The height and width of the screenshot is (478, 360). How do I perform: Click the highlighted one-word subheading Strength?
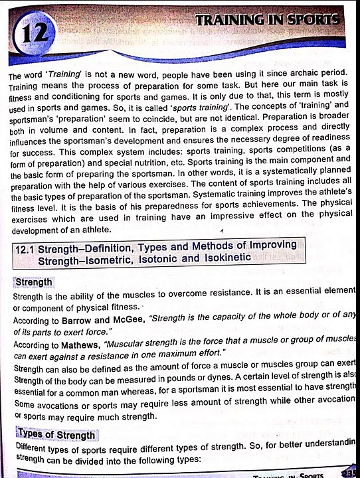pyautogui.click(x=33, y=282)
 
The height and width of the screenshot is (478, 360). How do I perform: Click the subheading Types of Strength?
pyautogui.click(x=56, y=434)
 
